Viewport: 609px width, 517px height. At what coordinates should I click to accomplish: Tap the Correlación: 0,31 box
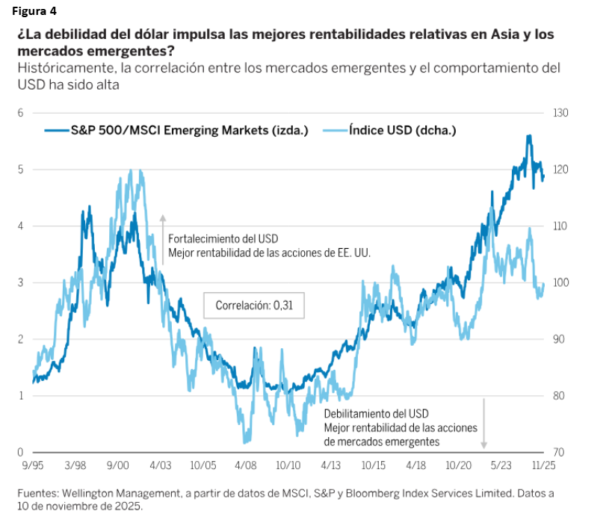[x=254, y=305]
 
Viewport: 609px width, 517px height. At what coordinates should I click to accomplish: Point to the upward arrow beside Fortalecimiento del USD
[x=162, y=239]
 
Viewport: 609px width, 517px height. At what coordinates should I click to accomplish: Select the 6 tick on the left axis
[x=21, y=113]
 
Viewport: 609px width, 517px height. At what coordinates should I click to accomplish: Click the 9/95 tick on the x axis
[x=32, y=465]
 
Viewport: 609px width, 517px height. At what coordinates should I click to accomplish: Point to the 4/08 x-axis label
[x=246, y=465]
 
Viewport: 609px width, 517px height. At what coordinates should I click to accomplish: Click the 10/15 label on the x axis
[x=374, y=465]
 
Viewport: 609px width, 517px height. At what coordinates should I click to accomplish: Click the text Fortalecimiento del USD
[x=223, y=239]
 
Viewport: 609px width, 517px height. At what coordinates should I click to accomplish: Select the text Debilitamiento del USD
[x=376, y=414]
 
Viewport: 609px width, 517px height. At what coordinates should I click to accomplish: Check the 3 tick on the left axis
[x=21, y=282]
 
